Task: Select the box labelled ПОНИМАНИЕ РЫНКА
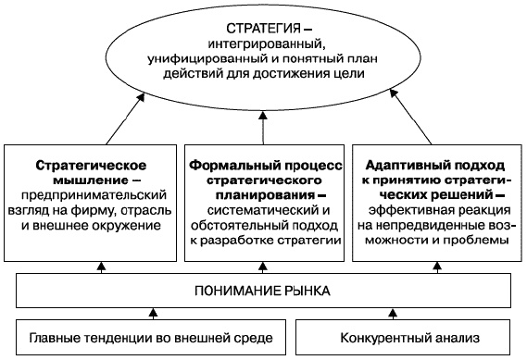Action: click(263, 292)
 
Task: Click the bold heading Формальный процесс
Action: click(265, 162)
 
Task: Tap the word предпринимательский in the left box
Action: click(93, 195)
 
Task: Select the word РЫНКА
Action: click(302, 292)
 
